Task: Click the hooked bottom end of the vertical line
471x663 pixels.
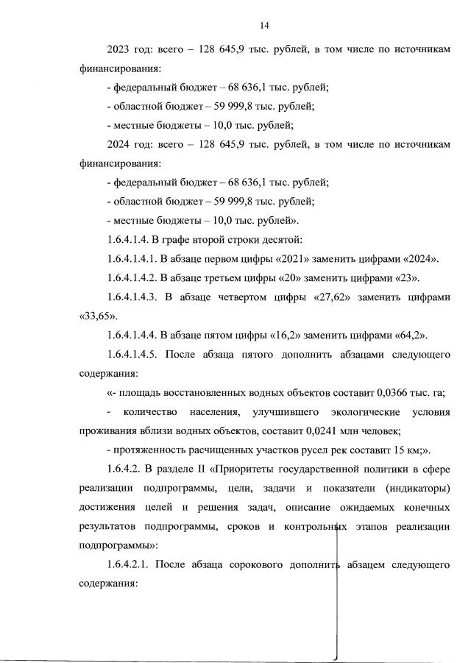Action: pos(336,657)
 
